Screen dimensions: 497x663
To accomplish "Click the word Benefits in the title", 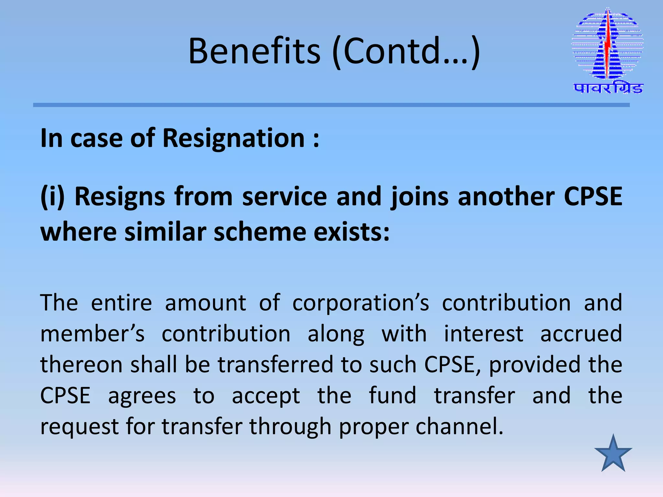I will click(254, 51).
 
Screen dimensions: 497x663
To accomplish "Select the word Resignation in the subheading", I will click(233, 138).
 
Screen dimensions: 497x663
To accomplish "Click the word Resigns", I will click(120, 196).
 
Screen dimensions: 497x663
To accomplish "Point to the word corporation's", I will click(361, 303).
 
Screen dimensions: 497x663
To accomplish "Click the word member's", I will click(93, 334).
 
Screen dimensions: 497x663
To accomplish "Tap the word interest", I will click(483, 334).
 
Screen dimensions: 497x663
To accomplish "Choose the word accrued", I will click(581, 334).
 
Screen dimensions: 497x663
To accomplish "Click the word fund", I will click(392, 395).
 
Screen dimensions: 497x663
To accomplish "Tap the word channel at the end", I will click(459, 426).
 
